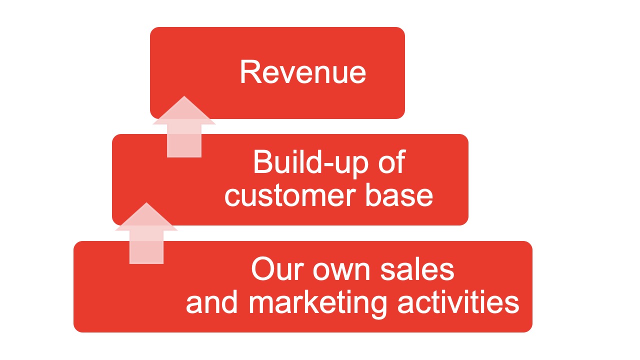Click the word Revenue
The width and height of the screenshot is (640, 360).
[303, 72]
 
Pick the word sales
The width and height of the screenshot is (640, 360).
[417, 269]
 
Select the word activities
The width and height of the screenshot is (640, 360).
[458, 301]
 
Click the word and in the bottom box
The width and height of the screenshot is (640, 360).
[211, 301]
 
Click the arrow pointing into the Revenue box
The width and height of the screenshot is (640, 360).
[184, 127]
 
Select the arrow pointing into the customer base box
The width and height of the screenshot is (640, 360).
[146, 233]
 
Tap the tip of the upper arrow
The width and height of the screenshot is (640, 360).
[184, 96]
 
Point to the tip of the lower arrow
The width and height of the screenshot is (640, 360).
[146, 202]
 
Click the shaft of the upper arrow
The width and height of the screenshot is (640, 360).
[184, 140]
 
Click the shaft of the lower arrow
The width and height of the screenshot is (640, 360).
[146, 247]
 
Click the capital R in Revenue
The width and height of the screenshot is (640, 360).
[249, 72]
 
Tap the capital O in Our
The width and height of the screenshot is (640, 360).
[263, 269]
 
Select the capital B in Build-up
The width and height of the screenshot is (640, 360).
[262, 161]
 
